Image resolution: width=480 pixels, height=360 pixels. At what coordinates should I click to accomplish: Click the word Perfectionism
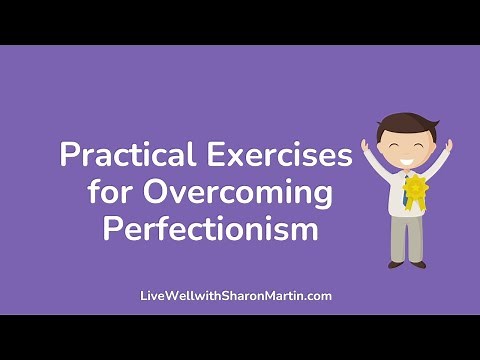pos(211,229)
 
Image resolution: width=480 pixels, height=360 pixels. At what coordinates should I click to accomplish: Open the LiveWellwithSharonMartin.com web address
pos(236,296)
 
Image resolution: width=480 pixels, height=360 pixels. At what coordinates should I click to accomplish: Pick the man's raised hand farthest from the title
pos(448,146)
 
